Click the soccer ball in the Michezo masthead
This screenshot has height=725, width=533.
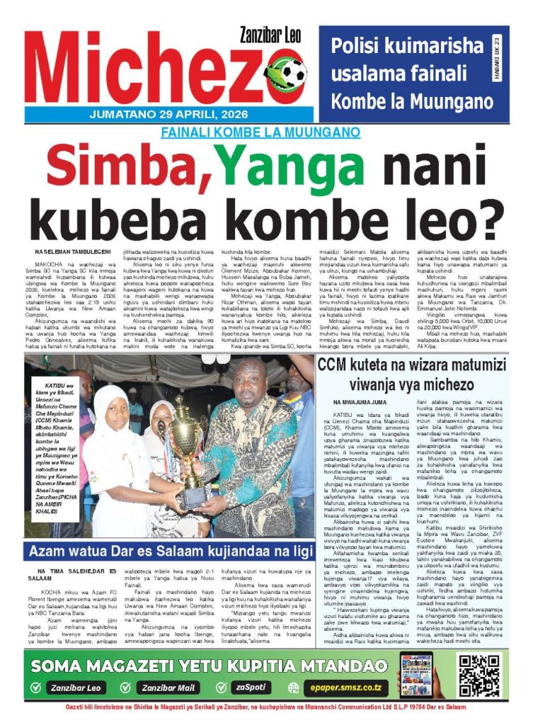pyautogui.click(x=290, y=72)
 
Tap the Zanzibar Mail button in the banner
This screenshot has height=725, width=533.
pyautogui.click(x=167, y=687)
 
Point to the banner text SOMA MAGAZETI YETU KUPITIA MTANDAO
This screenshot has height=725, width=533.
pyautogui.click(x=210, y=666)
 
